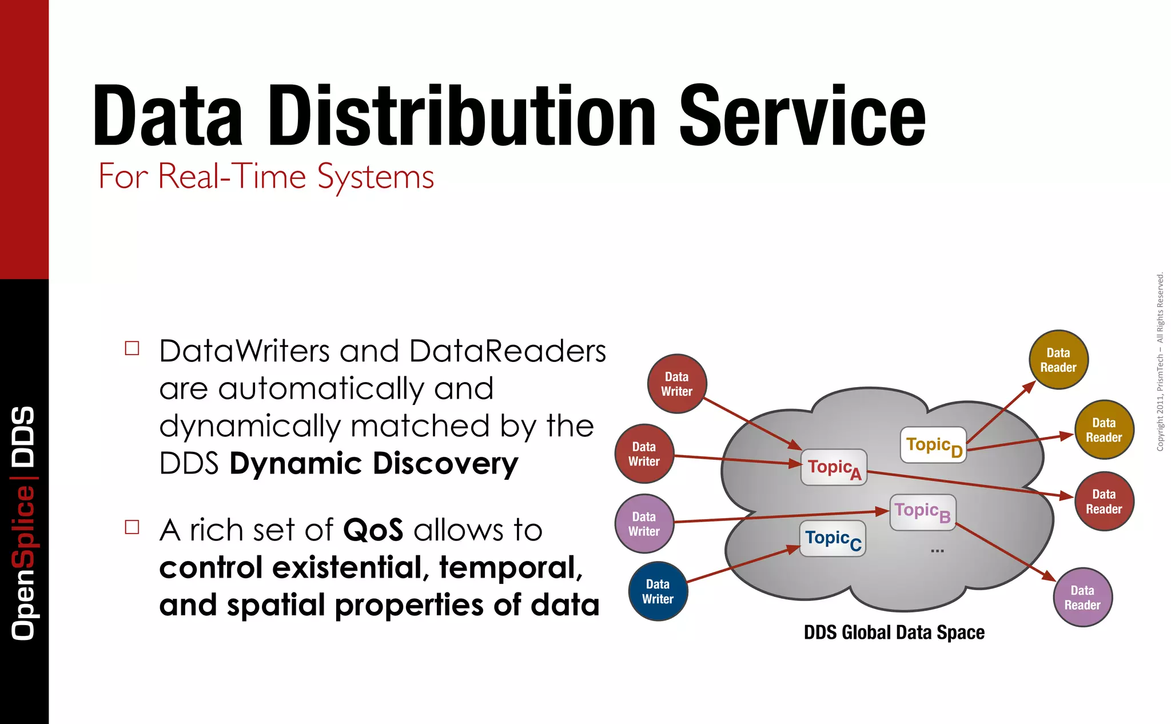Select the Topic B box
point(923,512)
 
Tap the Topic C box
point(833,539)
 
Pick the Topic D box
point(933,445)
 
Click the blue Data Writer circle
point(658,591)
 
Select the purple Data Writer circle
point(644,524)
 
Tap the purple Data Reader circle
point(1082,598)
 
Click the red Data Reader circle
point(1104,502)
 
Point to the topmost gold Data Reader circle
point(1058,360)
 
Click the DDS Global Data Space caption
point(894,632)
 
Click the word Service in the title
point(802,116)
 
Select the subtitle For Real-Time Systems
point(266,176)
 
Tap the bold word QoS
point(373,530)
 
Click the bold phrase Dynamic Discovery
point(373,464)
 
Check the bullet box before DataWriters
point(132,348)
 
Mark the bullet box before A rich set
point(132,527)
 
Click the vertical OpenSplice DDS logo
point(24,523)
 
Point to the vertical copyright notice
point(1160,361)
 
